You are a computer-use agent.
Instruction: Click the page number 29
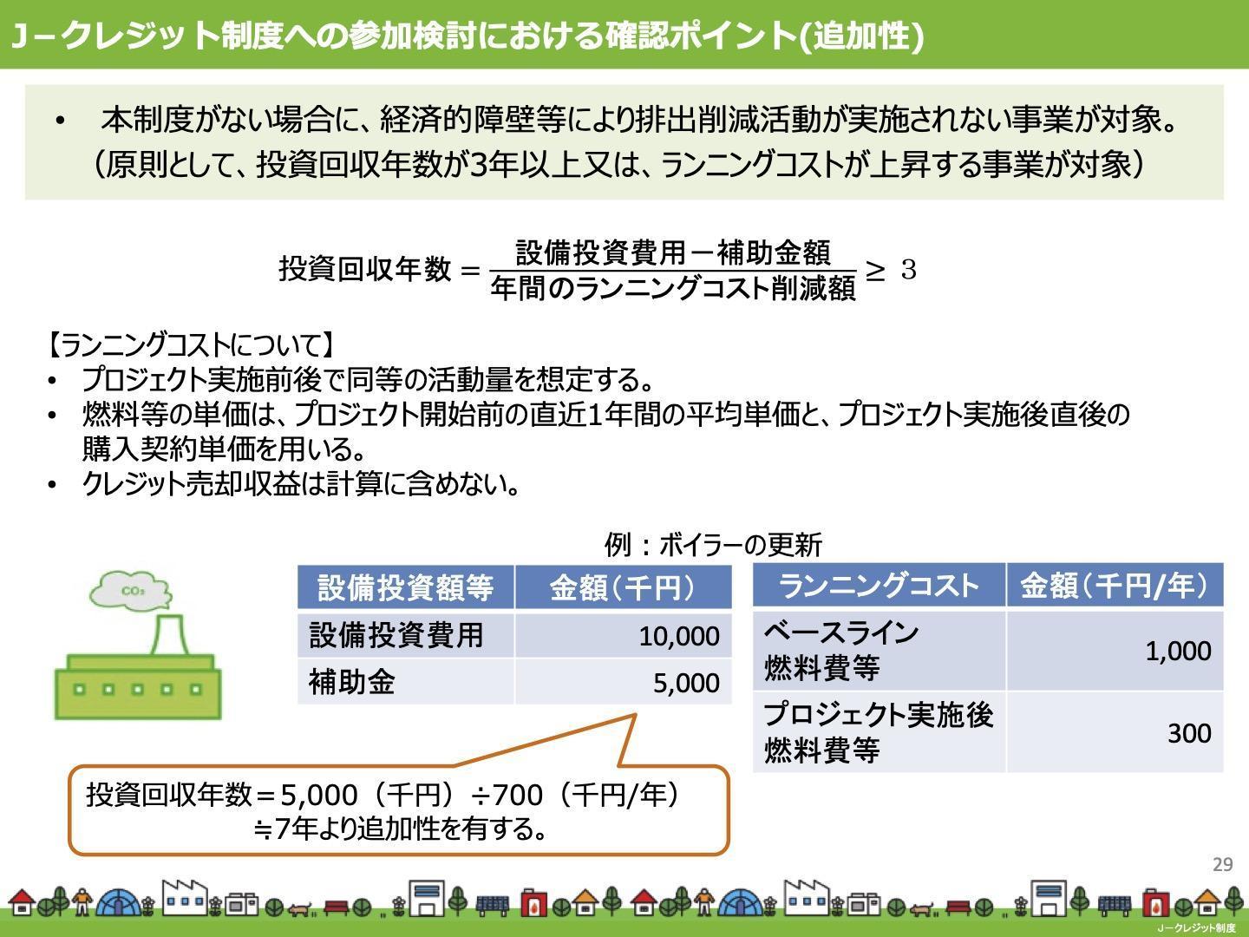tap(1222, 865)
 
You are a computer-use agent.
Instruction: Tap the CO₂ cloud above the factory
tap(131, 591)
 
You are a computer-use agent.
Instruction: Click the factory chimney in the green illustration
tap(169, 634)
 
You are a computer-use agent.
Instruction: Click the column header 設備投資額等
tap(405, 587)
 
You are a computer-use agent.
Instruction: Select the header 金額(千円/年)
tap(1115, 586)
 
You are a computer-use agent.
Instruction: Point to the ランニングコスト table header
tap(878, 586)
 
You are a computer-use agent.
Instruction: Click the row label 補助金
tap(351, 682)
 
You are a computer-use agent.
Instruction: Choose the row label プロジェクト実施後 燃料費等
tap(879, 733)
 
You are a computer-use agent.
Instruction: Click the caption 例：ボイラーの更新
tap(713, 545)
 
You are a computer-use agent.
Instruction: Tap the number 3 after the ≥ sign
tap(909, 270)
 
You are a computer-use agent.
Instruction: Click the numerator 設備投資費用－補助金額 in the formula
tap(673, 253)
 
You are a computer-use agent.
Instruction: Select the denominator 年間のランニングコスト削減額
tap(673, 288)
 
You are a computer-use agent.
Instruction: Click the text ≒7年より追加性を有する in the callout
tap(400, 829)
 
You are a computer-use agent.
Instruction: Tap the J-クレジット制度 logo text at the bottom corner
tap(1197, 928)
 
